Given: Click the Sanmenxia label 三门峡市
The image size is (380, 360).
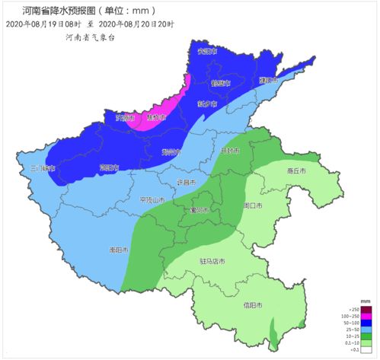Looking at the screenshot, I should pos(43,167).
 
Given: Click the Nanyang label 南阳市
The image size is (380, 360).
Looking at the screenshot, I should pos(119,250).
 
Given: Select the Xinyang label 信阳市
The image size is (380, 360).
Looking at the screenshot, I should pos(253,305).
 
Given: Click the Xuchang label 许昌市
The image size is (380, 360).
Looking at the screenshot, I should pos(187,183).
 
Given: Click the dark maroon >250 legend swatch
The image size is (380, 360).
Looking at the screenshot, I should pos(366,308).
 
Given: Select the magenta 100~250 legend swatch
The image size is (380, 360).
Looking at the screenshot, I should pos(366,315).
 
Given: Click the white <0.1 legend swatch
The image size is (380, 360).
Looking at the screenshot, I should pos(366,349).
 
